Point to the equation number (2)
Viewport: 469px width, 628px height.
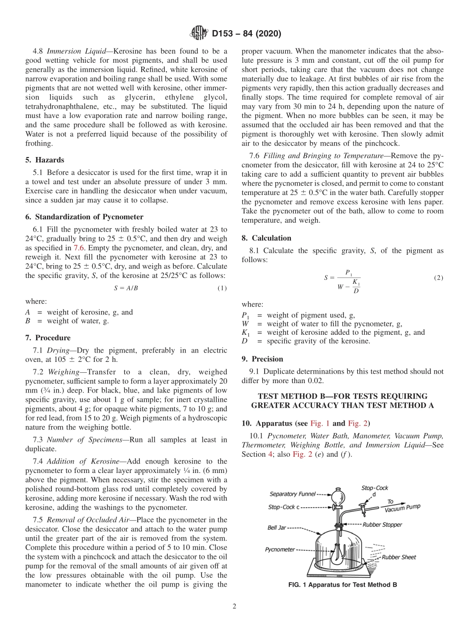(438, 278)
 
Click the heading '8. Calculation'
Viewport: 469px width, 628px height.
(266, 238)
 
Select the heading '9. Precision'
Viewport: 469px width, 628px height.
(262, 359)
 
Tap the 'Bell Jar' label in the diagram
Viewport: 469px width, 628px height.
(277, 527)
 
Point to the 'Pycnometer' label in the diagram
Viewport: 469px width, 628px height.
(280, 549)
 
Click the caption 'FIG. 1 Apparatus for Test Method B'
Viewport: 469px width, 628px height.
(343, 585)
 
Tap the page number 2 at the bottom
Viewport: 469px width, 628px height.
(234, 607)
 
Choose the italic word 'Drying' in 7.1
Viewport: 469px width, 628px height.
(58, 350)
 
